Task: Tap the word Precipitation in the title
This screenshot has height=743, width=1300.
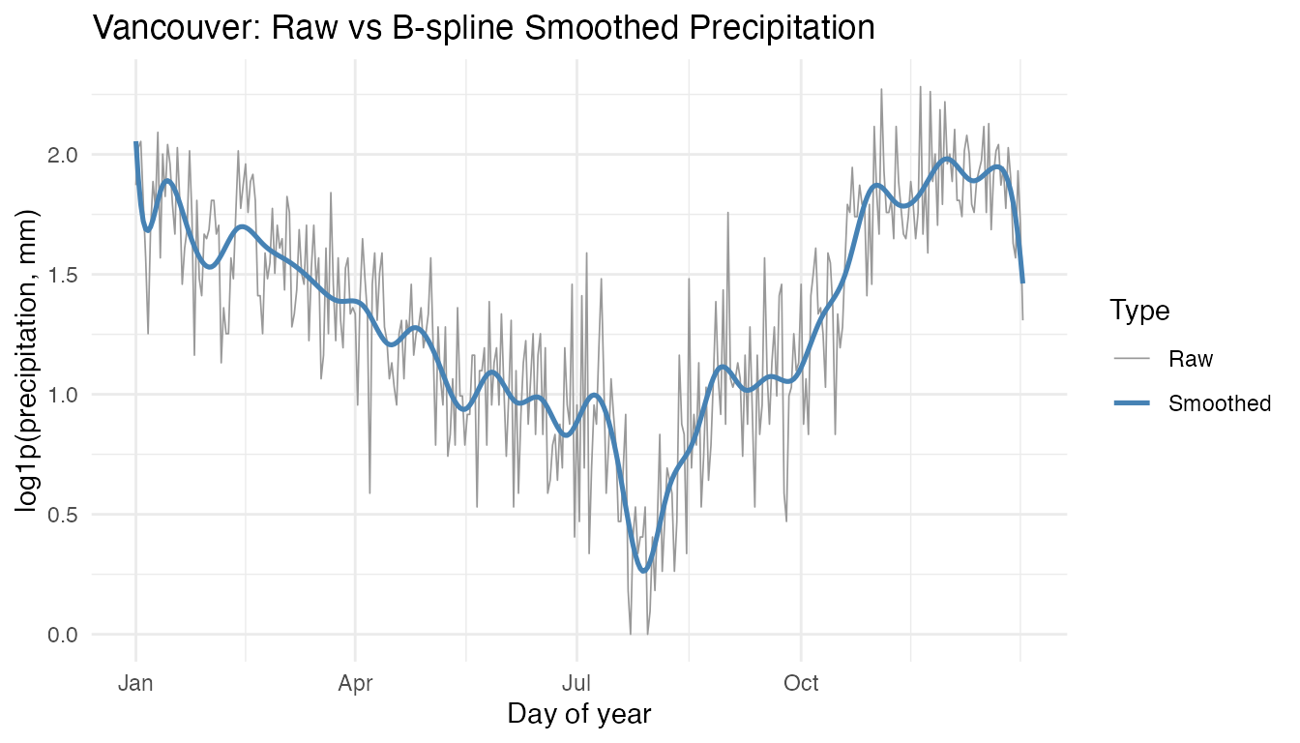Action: coord(764,28)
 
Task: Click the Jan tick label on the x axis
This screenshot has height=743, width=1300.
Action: coord(136,684)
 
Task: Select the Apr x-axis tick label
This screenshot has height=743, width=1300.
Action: coord(356,684)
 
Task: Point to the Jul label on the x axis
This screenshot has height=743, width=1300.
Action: coord(576,684)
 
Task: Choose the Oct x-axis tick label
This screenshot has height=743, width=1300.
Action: coord(801,684)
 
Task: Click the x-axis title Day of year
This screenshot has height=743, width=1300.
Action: coord(578,715)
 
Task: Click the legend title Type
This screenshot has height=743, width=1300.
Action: coord(1139,311)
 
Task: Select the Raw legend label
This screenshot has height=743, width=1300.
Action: coord(1191,359)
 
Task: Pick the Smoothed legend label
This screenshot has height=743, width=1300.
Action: coord(1220,403)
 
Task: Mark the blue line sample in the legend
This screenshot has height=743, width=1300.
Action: coord(1132,403)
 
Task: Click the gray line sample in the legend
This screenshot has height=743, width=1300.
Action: coord(1132,359)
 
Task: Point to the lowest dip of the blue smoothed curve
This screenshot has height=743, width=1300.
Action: coord(645,570)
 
